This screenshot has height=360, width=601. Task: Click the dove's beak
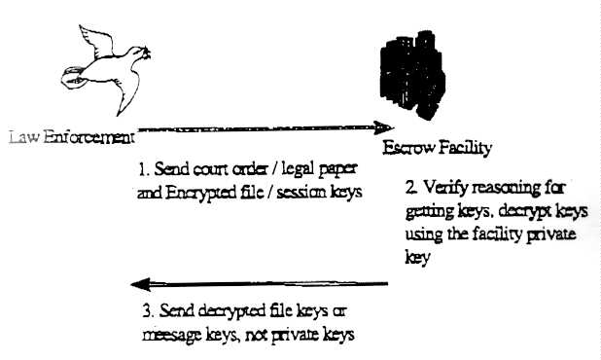[x=147, y=52]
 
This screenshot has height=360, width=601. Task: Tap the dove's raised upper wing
[x=95, y=41]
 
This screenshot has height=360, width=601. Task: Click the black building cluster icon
[x=412, y=74]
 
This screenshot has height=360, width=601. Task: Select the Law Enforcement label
[x=72, y=137]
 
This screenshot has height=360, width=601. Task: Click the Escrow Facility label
[x=437, y=148]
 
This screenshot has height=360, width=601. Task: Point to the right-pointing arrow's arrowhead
[x=383, y=127]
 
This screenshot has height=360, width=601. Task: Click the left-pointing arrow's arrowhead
[x=141, y=284]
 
